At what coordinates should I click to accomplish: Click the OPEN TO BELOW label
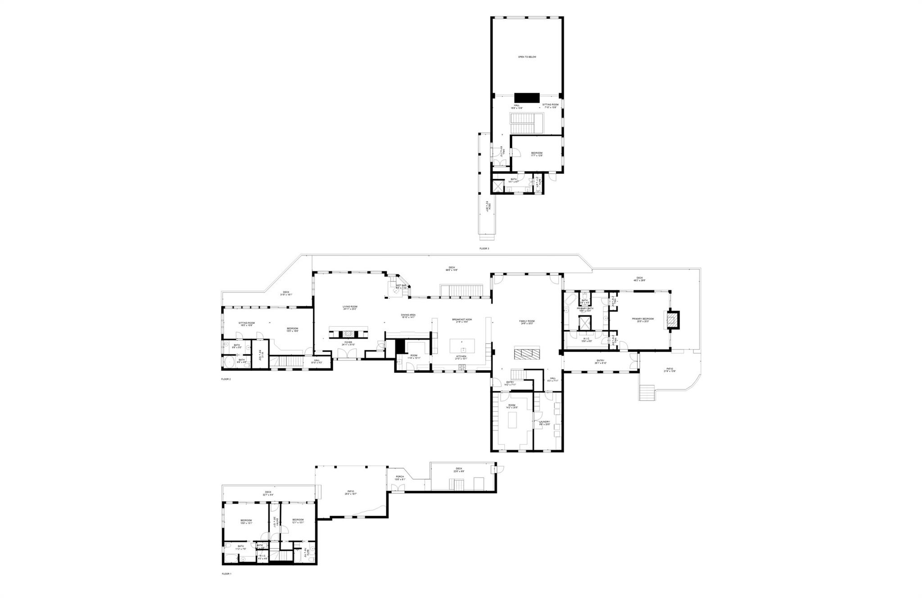click(x=527, y=57)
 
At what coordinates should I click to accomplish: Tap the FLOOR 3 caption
click(x=484, y=248)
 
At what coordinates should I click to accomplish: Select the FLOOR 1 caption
click(x=226, y=574)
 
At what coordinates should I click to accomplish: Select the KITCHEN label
click(x=461, y=357)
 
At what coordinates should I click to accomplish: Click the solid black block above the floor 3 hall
click(x=527, y=98)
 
